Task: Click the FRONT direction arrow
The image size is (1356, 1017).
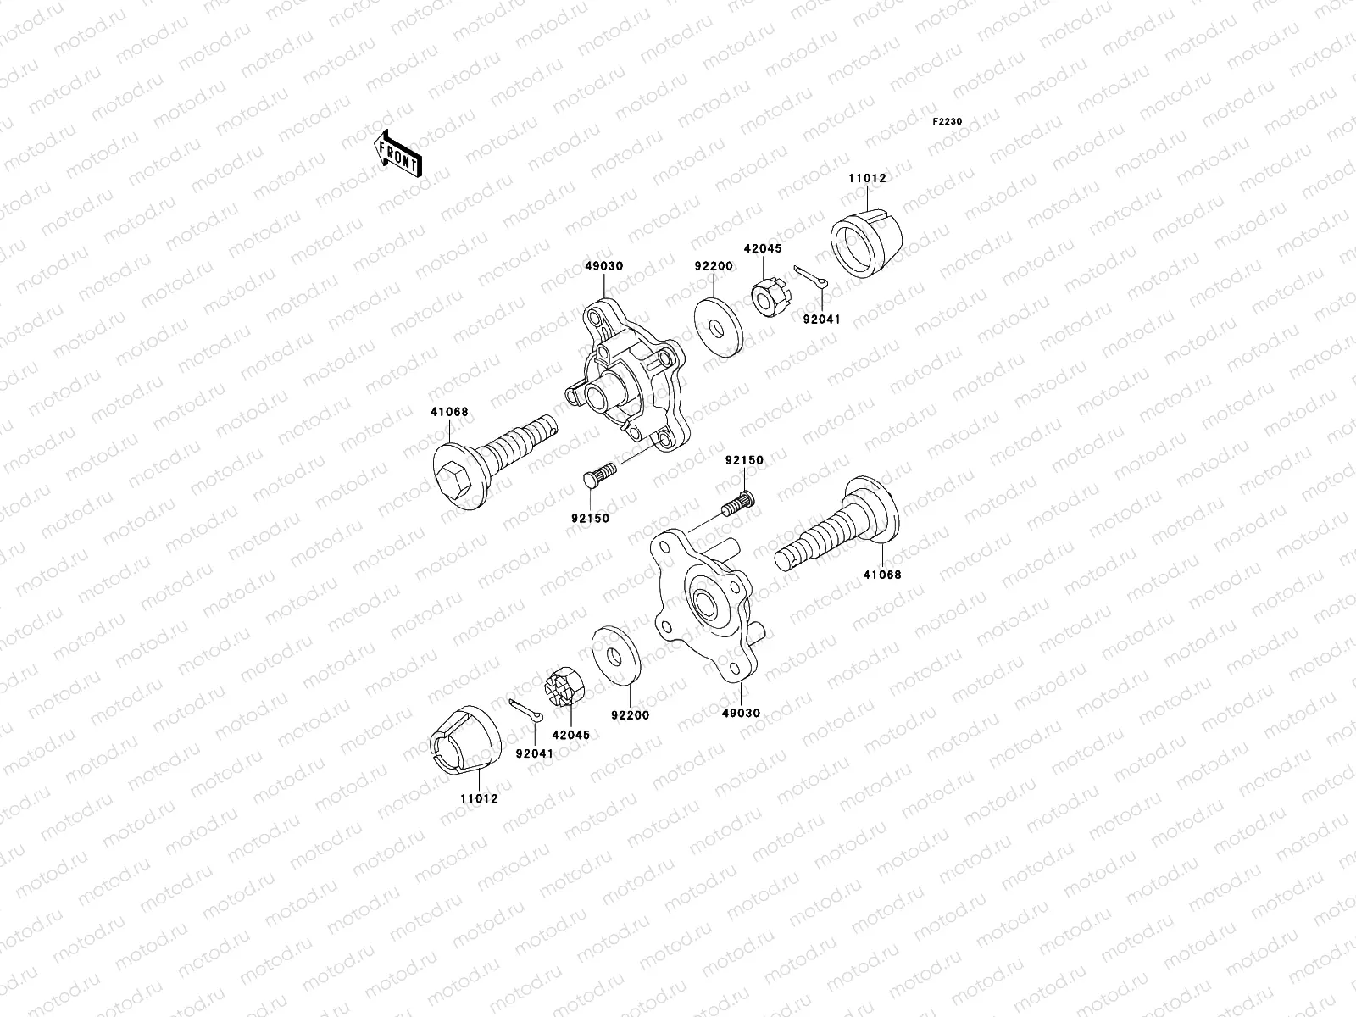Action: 399,153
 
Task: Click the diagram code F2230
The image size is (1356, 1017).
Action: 948,122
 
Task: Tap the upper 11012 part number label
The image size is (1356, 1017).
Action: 866,179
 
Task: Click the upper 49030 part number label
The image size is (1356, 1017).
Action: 603,266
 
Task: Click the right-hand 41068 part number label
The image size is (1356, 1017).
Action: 882,575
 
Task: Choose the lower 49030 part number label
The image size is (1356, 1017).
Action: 742,714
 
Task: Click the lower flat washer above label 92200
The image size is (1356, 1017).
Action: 613,655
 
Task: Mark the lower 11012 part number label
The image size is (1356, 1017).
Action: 479,799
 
